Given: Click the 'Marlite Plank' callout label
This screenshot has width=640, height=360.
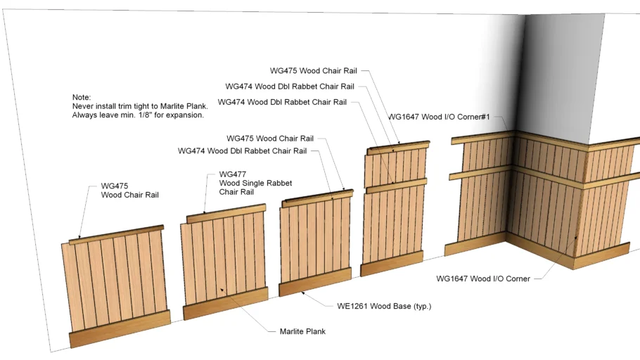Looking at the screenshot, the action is (302, 331).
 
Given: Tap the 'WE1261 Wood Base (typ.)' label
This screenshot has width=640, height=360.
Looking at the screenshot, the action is (384, 306).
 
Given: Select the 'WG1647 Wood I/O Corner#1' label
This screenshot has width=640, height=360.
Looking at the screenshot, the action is (439, 117).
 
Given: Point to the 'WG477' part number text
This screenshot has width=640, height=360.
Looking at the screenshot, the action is (233, 174).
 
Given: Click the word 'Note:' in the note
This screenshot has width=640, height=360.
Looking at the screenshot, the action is (82, 97).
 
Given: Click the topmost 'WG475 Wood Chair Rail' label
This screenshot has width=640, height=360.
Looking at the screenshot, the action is (314, 70).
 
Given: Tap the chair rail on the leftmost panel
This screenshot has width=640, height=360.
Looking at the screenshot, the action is (116, 235).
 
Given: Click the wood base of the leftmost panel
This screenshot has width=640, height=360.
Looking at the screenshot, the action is (120, 328).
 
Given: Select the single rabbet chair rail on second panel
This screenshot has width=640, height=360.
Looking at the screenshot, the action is (226, 214).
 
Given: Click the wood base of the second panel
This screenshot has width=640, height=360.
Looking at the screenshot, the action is (226, 303).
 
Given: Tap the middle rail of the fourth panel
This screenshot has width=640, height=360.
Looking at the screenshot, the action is (397, 186).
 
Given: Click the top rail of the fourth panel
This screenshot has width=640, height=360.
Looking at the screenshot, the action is (398, 148).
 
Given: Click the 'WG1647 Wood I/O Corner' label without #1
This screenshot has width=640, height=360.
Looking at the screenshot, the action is (483, 278).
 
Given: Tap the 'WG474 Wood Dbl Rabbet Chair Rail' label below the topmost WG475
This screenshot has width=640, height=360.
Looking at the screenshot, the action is (290, 86).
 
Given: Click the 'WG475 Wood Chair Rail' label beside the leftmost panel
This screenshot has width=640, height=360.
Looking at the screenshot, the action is (130, 191).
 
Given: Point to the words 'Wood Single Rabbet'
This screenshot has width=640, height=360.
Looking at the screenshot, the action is (255, 184).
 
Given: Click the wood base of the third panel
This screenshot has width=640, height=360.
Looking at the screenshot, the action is (315, 282).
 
